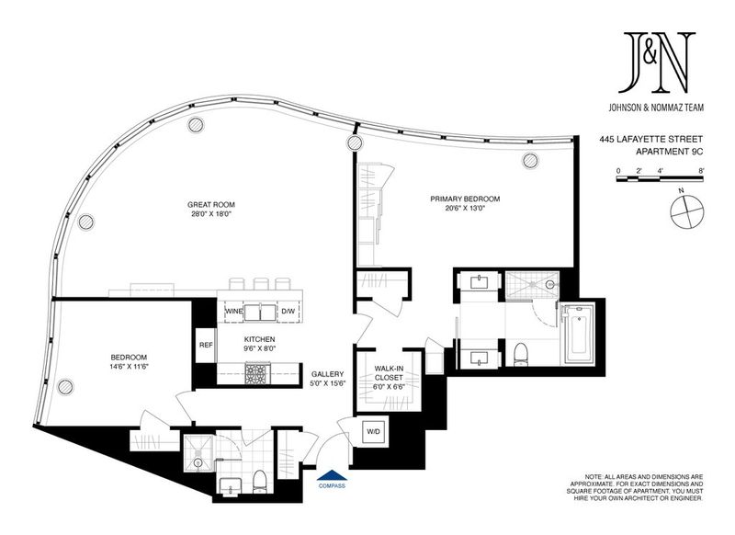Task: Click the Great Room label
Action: [x=211, y=204]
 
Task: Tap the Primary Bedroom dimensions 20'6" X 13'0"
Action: [x=465, y=208]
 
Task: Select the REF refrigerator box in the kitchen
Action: [x=206, y=345]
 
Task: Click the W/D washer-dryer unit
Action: [x=373, y=431]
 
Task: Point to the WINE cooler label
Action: [x=234, y=312]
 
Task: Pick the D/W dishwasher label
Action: [x=287, y=312]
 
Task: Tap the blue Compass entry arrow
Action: [x=332, y=475]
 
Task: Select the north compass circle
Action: [x=686, y=212]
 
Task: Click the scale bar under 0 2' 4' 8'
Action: [x=660, y=179]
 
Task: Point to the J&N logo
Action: [x=656, y=63]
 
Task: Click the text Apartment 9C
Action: [x=669, y=152]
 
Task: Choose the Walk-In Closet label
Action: [x=389, y=373]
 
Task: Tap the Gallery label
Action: [x=328, y=374]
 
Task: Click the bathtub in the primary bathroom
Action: [x=580, y=335]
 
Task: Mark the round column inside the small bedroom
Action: [x=65, y=387]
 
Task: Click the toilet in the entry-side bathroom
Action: [x=259, y=482]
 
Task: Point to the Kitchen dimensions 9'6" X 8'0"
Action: [x=259, y=348]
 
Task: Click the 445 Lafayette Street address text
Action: [x=651, y=139]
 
